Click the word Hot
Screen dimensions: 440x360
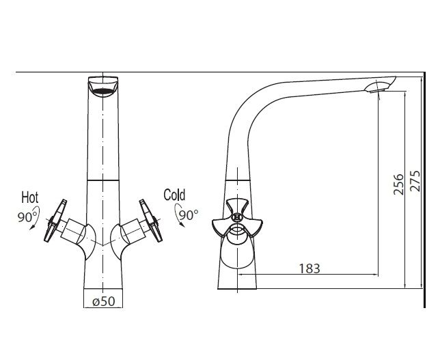(30, 197)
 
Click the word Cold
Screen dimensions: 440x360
(174, 195)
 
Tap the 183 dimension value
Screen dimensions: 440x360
(310, 268)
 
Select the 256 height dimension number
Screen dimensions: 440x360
(398, 184)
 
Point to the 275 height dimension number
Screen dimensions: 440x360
(415, 181)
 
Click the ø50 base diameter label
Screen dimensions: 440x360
(104, 301)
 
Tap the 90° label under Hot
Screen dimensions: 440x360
(27, 217)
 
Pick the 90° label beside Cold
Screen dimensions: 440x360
(189, 215)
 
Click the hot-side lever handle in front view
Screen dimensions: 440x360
(55, 221)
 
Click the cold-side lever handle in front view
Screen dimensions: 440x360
(151, 221)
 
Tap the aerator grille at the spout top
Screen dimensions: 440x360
(103, 92)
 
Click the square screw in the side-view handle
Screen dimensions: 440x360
(237, 217)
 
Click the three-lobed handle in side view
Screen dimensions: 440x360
(237, 219)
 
